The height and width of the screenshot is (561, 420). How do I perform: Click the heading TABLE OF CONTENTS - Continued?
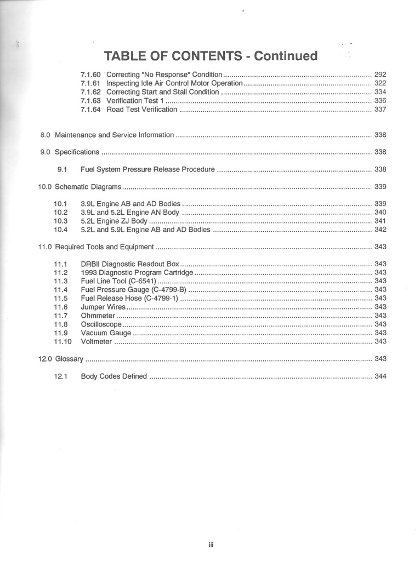pos(211,56)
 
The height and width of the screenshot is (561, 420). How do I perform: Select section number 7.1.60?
pos(90,75)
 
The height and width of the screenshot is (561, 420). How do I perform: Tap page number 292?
pos(380,75)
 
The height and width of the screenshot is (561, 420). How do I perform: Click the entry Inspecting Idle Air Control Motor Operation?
pos(174,83)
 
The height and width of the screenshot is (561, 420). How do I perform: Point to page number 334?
pos(380,92)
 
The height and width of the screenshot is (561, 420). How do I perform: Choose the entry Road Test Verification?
pos(141,110)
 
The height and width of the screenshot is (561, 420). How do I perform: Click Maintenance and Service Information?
pos(115,135)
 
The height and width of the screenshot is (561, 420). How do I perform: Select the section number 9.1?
pos(62,169)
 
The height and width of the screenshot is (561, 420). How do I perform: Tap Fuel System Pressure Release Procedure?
pos(147,169)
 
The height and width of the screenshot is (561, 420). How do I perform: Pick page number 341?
pos(380,221)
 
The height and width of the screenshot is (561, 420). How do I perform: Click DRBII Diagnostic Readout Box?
pos(130,264)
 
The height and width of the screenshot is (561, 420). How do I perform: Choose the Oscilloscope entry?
pos(100,324)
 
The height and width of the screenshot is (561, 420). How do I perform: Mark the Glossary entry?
pos(69,359)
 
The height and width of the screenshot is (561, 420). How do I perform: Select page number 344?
pos(380,376)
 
